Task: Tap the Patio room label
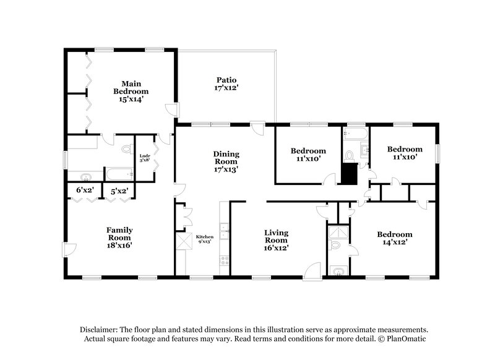coord(227,84)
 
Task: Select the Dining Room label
coord(226,160)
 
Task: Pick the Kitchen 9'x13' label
coord(205,239)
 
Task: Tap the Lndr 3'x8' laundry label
coord(145,158)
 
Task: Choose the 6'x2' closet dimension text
coord(85,191)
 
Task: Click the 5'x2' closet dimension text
coord(119,191)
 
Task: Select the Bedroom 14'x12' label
coord(395,239)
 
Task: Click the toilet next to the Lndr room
coord(127,149)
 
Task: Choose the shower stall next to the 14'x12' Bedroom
coord(337,233)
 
